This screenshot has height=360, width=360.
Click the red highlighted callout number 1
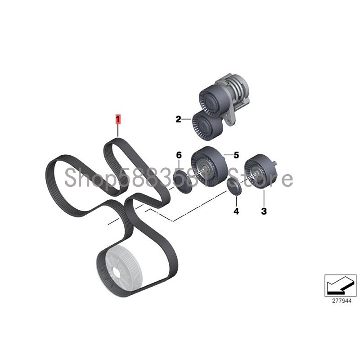pos(118,120)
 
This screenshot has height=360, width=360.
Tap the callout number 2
pos(178,119)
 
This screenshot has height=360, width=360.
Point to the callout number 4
pos(236,211)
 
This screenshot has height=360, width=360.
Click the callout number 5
pos(236,155)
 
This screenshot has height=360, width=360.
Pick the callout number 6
pos(179,155)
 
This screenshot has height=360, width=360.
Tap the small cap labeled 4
pos(234,186)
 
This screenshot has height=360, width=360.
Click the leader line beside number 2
pos(186,119)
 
